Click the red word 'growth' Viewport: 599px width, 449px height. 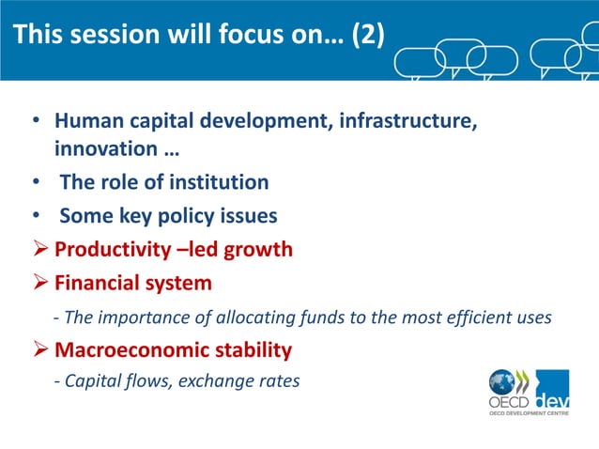(257, 249)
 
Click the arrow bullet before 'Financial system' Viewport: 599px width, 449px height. (39, 283)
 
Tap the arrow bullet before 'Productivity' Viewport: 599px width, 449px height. (39, 249)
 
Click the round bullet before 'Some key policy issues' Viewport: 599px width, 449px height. (36, 216)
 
